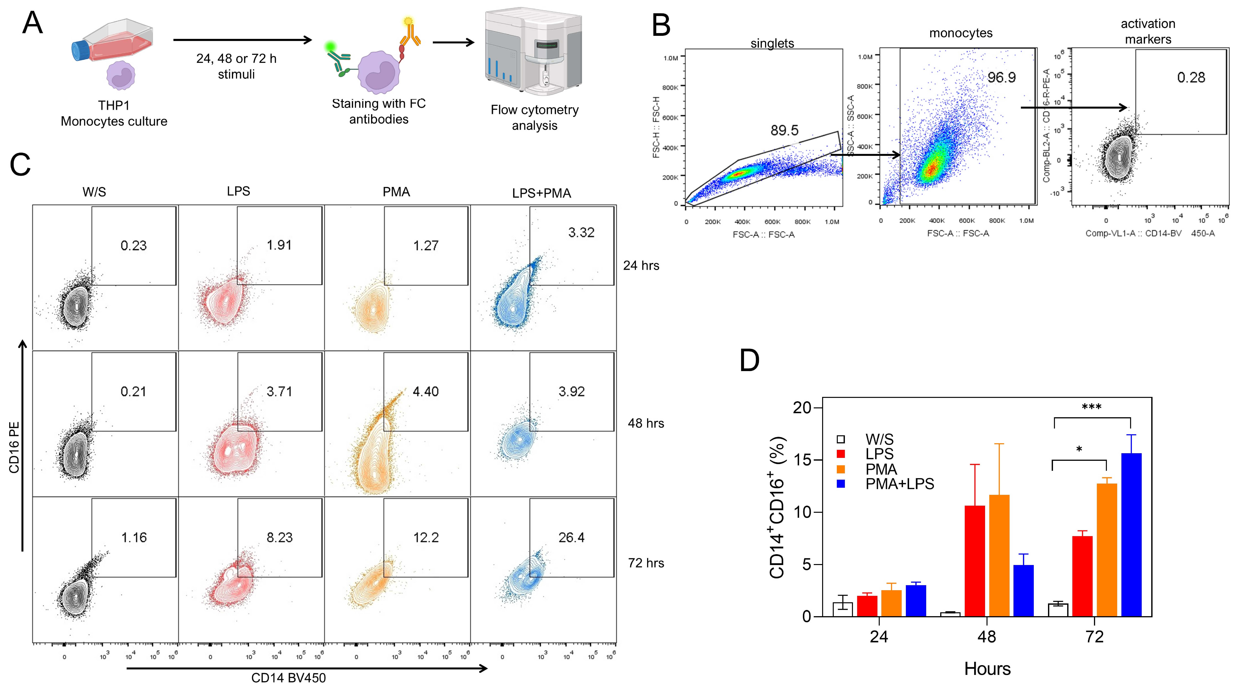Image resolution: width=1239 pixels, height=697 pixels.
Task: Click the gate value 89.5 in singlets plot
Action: pyautogui.click(x=784, y=130)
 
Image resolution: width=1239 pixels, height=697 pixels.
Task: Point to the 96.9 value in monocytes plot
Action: pyautogui.click(x=1001, y=77)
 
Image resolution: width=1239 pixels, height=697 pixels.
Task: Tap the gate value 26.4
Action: pyautogui.click(x=571, y=537)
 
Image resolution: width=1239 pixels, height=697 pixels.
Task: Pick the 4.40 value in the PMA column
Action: pyautogui.click(x=426, y=392)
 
